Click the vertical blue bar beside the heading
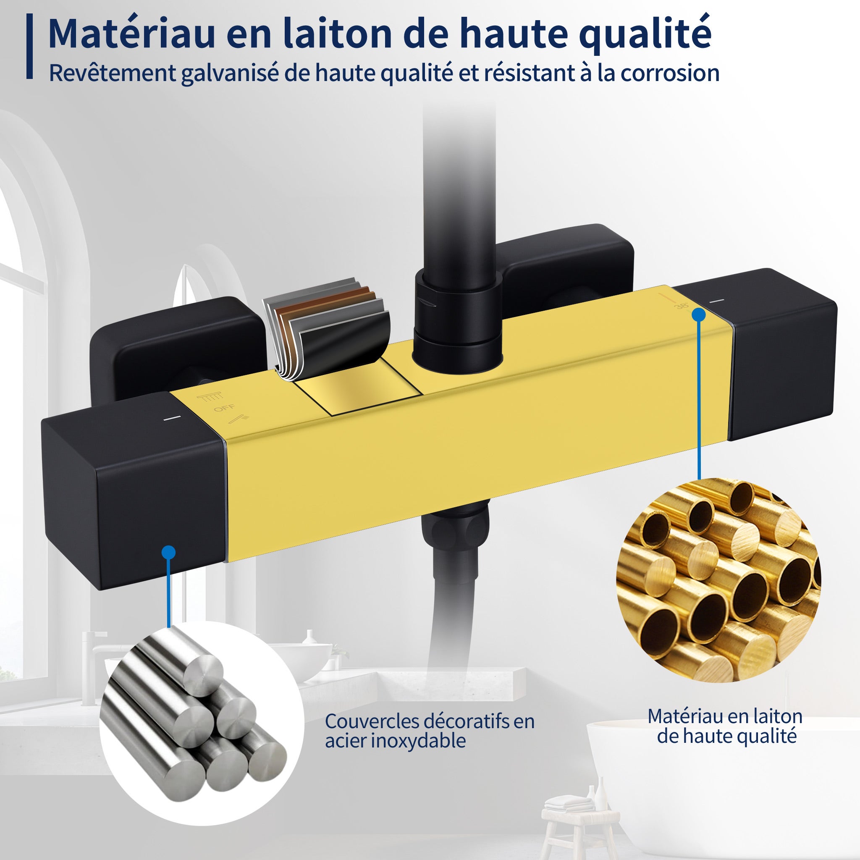(x=30, y=46)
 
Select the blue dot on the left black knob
(x=169, y=553)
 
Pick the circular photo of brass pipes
(x=718, y=580)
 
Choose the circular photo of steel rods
(x=202, y=724)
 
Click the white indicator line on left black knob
(x=171, y=418)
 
